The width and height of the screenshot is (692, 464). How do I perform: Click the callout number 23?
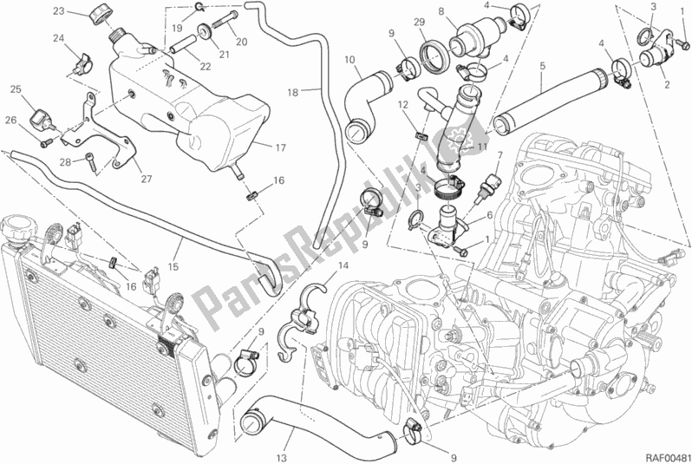[x=57, y=11]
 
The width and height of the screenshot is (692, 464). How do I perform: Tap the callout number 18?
[x=292, y=91]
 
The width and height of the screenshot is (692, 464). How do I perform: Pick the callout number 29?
[x=418, y=21]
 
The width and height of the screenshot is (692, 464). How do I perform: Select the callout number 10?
[x=350, y=60]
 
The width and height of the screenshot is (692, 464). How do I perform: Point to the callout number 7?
[x=499, y=157]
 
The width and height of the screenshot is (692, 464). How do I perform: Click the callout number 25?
[x=16, y=89]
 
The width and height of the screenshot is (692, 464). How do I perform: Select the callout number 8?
[x=441, y=11]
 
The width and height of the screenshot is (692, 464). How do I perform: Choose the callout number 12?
[x=403, y=105]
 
